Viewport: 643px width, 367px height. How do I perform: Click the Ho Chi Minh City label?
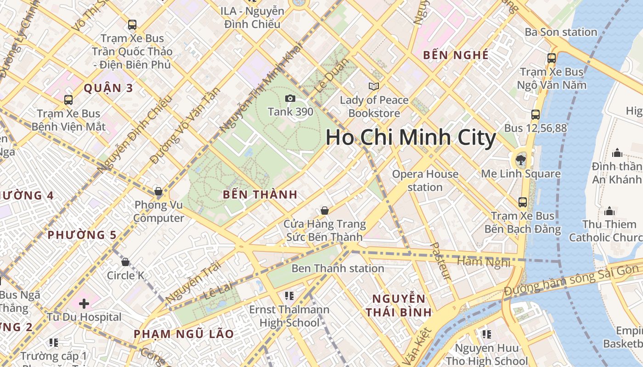pos(411,138)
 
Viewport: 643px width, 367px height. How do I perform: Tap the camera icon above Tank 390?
pos(290,98)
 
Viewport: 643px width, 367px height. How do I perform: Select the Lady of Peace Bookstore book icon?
pos(374,86)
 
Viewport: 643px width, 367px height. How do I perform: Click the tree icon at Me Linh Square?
pos(520,160)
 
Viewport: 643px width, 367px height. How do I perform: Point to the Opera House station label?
pos(425,180)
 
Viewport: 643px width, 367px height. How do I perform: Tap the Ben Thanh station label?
pos(338,268)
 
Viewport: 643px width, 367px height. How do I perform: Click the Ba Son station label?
pos(561,32)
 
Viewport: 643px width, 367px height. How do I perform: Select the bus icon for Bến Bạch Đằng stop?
pos(523,202)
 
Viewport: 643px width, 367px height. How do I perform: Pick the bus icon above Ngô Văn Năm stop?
pos(552,58)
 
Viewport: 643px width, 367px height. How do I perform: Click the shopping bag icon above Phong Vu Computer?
pos(158,191)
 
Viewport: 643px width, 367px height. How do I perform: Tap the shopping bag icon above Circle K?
pos(125,262)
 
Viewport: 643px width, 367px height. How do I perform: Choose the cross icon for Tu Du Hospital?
pos(84,303)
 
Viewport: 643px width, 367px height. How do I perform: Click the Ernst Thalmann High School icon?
pos(289,296)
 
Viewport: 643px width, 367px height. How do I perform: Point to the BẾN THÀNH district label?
pos(260,195)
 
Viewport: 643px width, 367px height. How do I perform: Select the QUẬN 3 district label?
pos(108,88)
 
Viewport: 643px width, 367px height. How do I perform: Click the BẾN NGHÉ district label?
pos(456,55)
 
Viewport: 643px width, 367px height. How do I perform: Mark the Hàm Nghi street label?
pos(484,262)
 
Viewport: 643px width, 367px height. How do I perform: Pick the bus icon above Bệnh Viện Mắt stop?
pos(68,100)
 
